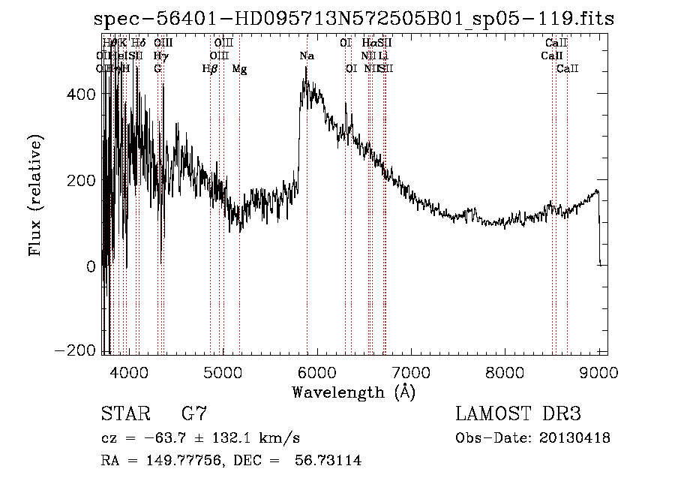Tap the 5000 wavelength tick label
tap(223, 372)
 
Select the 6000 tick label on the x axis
tap(316, 372)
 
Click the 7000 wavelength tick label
tap(411, 372)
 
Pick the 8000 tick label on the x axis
tap(505, 372)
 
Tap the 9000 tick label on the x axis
tap(598, 372)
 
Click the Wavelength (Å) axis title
tap(353, 392)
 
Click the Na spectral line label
tap(307, 56)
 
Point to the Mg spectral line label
tap(239, 69)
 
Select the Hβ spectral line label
tap(210, 69)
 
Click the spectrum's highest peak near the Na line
tap(306, 68)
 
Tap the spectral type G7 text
tap(193, 413)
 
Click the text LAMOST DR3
tap(517, 413)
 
